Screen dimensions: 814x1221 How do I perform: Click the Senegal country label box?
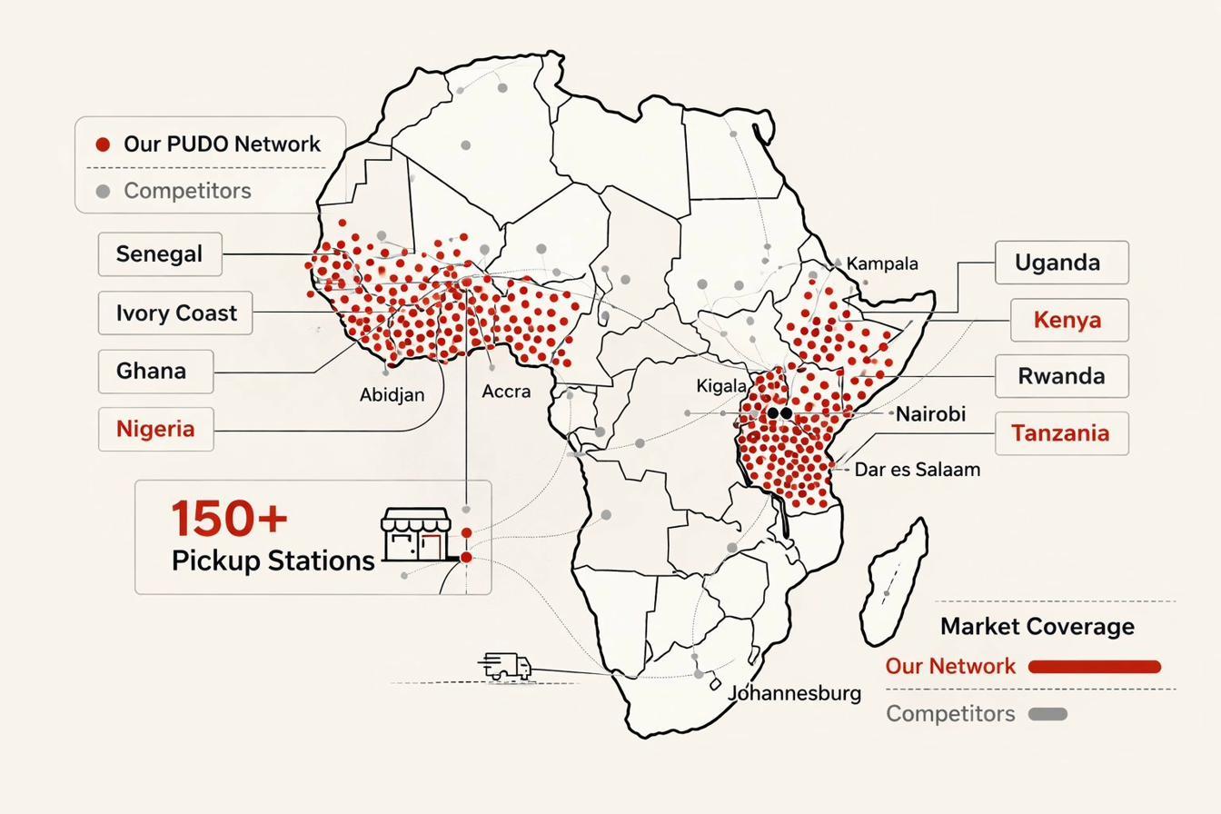[160, 254]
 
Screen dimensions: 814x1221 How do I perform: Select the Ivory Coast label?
[175, 313]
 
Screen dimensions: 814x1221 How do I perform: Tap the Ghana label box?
[155, 372]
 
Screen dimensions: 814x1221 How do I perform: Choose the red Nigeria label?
[155, 429]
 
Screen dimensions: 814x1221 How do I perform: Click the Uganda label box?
[1061, 263]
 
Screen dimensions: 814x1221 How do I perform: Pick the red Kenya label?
[1068, 320]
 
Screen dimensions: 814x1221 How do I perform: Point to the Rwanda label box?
[1061, 376]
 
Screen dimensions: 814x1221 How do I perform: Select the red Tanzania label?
[1061, 433]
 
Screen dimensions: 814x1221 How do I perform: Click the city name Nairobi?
[930, 414]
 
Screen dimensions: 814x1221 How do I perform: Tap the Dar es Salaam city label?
[917, 470]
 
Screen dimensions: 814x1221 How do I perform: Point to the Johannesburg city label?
[795, 693]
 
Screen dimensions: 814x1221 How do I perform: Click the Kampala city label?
[882, 263]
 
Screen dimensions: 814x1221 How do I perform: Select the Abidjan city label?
[392, 395]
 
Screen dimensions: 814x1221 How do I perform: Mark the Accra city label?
[506, 392]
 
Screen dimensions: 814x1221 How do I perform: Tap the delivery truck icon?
[504, 666]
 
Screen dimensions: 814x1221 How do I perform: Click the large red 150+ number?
[229, 519]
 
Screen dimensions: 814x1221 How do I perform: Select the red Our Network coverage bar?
[1095, 667]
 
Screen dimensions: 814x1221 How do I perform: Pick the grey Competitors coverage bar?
[1047, 714]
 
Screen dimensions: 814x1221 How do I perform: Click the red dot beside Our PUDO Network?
[103, 144]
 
